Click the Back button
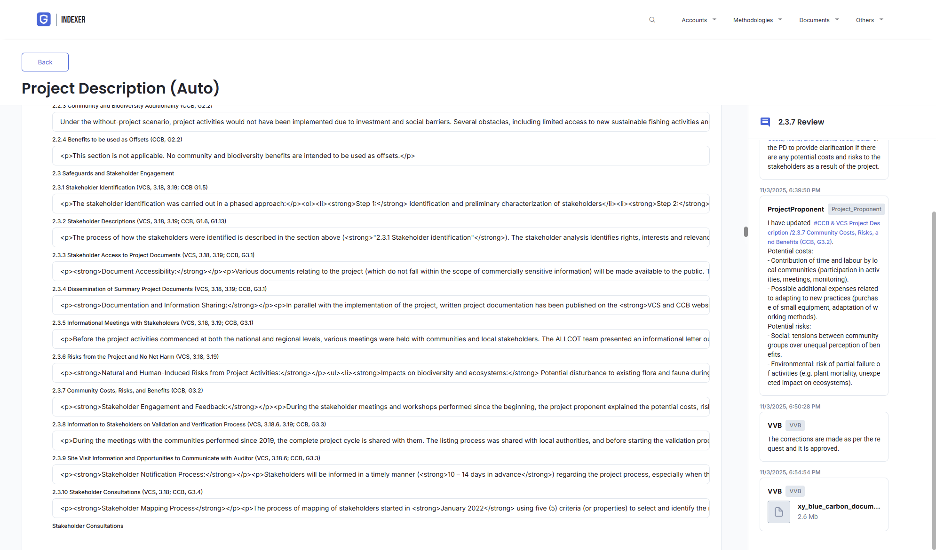[x=45, y=62]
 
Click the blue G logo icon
[x=44, y=19]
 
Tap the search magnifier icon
[x=652, y=20]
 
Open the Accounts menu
[x=698, y=20]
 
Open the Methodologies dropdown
[x=757, y=20]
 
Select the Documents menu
[x=818, y=20]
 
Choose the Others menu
[x=869, y=20]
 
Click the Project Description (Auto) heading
[x=120, y=88]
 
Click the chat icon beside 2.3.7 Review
[x=765, y=122]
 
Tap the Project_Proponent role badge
[x=856, y=209]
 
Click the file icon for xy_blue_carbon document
[x=779, y=512]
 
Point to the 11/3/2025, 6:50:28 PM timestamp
[x=790, y=407]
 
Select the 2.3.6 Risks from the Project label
[x=135, y=357]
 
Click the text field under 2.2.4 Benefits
[x=381, y=156]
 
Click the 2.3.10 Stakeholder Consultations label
[x=127, y=492]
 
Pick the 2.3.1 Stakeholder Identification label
[x=130, y=188]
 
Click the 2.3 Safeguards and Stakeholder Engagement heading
[x=113, y=173]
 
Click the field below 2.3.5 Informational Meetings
[x=381, y=339]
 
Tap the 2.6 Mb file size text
[x=808, y=517]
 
